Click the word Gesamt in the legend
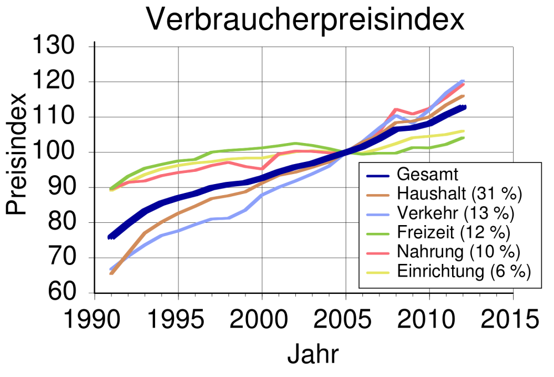(x=428, y=175)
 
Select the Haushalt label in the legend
(x=432, y=194)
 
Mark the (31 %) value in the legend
(x=497, y=194)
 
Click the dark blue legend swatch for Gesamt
(x=379, y=175)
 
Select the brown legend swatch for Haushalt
(x=379, y=195)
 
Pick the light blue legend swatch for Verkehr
(x=379, y=213)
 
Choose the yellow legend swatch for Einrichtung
(x=379, y=272)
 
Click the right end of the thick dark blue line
(x=464, y=106)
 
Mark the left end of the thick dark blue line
(x=110, y=237)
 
